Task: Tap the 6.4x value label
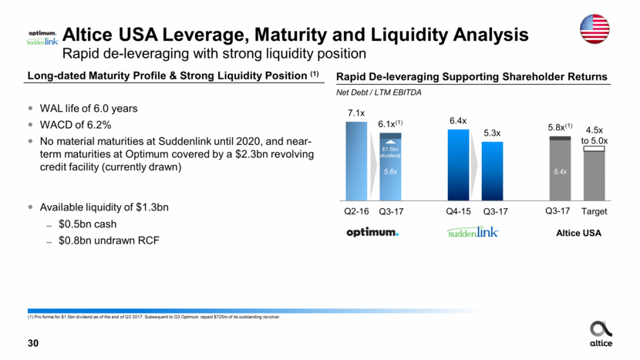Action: [x=459, y=121]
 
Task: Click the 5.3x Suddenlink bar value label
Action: [x=491, y=133]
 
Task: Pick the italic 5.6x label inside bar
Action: [x=389, y=173]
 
